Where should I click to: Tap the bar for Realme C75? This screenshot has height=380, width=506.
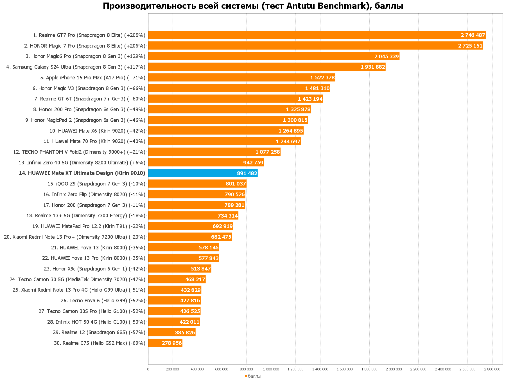click(157, 343)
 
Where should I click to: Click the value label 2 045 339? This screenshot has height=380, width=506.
click(387, 57)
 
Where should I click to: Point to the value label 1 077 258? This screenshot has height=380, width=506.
click(268, 152)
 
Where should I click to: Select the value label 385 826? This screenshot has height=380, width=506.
click(185, 333)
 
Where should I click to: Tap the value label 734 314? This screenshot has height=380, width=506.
click(228, 216)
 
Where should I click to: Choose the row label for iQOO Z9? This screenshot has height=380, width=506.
click(96, 184)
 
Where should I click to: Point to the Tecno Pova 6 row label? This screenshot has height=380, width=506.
click(103, 301)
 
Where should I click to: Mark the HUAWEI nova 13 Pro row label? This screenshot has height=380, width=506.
click(94, 258)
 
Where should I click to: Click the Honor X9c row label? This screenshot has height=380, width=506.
click(94, 269)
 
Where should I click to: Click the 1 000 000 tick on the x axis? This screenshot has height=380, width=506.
click(271, 369)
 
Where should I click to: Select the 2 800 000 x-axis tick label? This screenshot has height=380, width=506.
click(492, 369)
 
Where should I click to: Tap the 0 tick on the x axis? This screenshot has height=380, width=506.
click(148, 369)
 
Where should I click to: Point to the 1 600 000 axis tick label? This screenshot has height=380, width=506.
click(345, 369)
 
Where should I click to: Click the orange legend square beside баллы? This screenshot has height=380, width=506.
click(246, 376)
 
